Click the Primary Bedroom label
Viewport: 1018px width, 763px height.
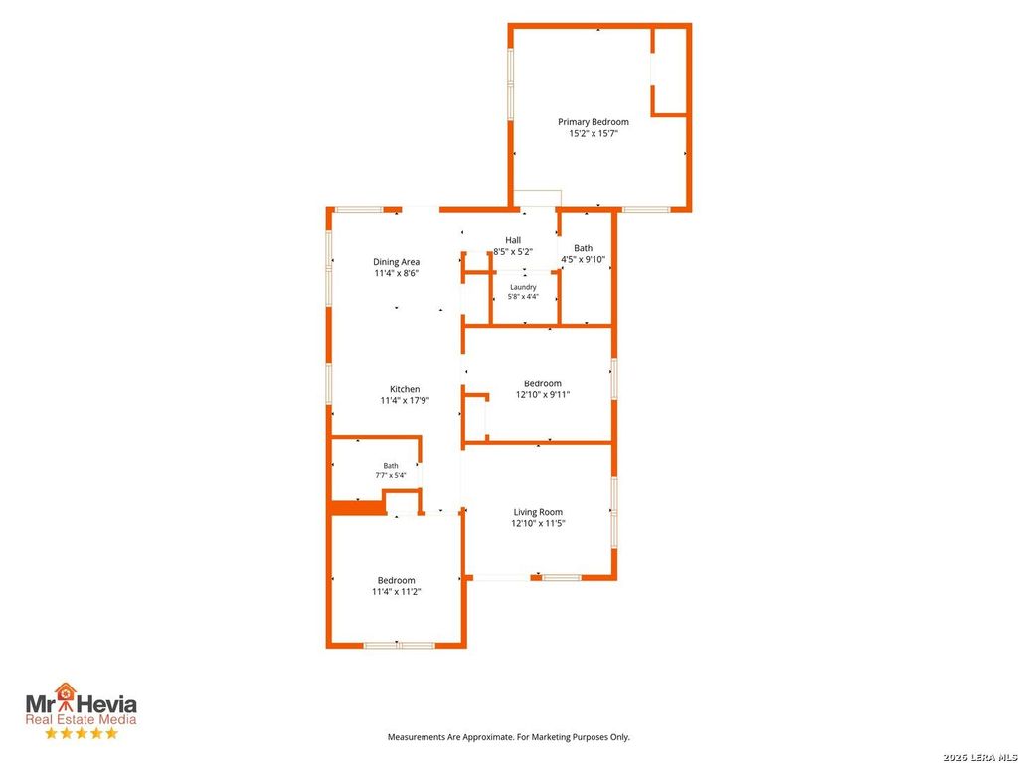[594, 122]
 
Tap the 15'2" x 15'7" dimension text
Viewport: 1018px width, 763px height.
[594, 134]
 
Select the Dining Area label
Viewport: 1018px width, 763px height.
[396, 262]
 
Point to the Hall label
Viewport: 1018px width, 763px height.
[513, 240]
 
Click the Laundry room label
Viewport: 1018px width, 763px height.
[523, 287]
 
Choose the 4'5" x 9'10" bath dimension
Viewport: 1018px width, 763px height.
[583, 260]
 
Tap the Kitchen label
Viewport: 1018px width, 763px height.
[405, 389]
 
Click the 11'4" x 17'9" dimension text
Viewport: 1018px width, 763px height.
[405, 401]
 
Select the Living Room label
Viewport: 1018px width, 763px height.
[538, 512]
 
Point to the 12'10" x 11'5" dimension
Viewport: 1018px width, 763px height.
[538, 523]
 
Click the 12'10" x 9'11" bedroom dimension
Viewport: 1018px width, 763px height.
[543, 395]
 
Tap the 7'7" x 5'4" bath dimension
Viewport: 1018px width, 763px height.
[390, 475]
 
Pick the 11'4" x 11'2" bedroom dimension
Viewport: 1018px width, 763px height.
[396, 592]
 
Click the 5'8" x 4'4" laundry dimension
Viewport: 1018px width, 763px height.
[523, 297]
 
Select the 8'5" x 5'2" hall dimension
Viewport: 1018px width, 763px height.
[513, 251]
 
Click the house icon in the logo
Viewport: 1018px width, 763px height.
[65, 692]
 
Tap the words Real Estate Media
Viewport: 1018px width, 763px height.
[82, 719]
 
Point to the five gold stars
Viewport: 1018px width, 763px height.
[82, 734]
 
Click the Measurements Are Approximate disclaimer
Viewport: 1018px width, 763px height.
[508, 737]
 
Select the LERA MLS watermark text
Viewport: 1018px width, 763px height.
[980, 757]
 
